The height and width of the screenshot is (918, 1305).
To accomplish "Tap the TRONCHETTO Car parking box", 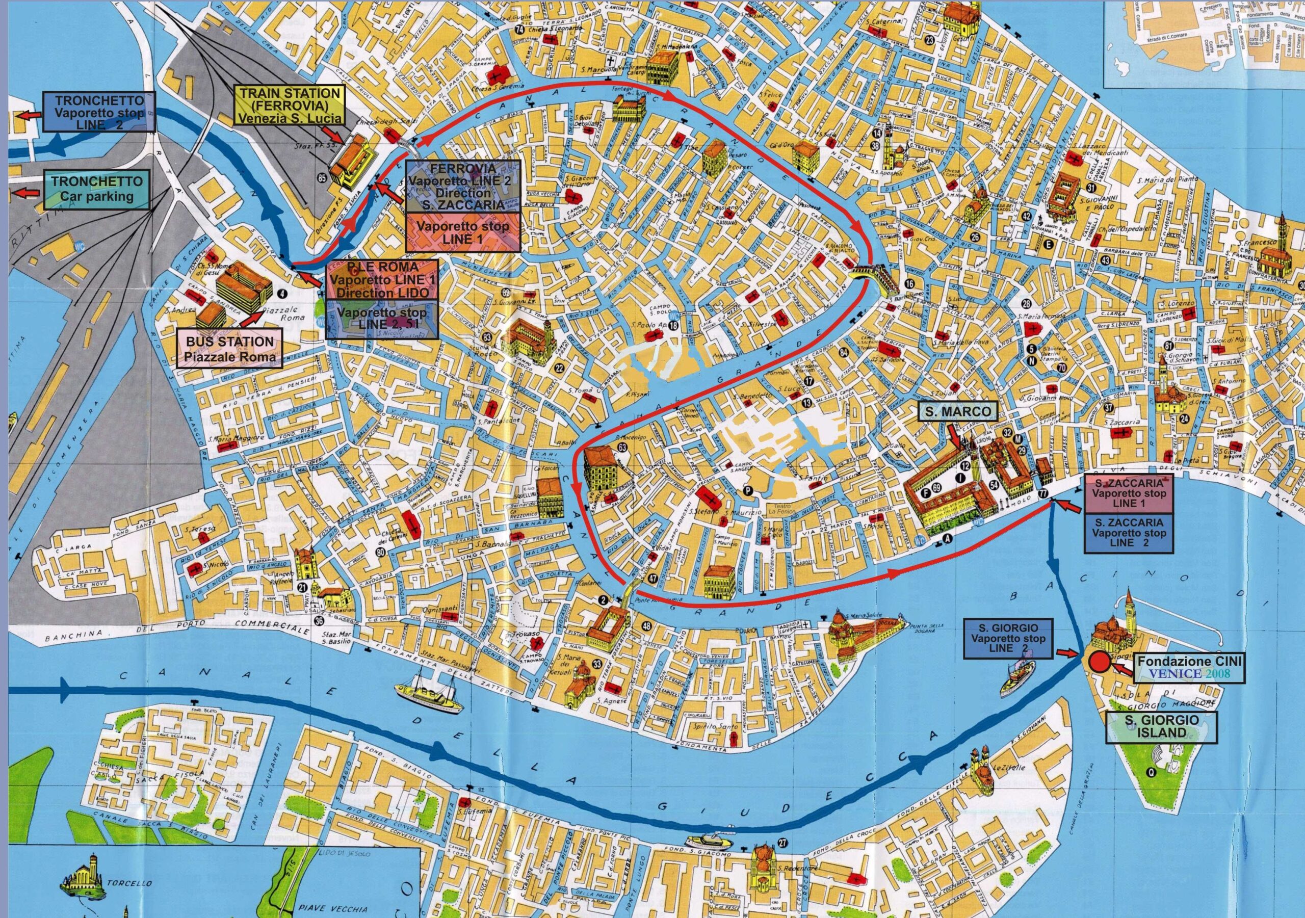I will click(97, 189).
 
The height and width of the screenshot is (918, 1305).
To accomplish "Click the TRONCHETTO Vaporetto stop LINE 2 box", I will click(99, 112).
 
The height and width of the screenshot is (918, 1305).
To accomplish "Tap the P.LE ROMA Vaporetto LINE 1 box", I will click(381, 280).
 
